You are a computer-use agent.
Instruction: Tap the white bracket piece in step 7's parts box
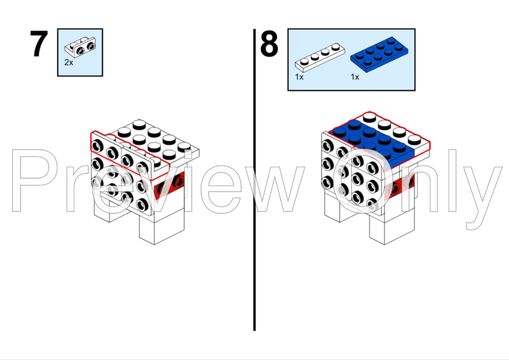[x=80, y=47]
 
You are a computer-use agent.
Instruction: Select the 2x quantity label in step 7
[x=68, y=62]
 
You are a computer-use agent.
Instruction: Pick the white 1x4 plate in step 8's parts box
[x=320, y=57]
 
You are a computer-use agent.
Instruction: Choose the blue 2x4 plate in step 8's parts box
[x=379, y=54]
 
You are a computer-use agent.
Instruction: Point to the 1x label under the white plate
[x=299, y=77]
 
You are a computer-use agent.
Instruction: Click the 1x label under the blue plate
[x=355, y=77]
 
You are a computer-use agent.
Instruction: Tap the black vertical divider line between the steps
[x=254, y=180]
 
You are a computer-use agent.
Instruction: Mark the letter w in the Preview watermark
[x=272, y=188]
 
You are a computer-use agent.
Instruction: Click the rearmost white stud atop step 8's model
[x=369, y=117]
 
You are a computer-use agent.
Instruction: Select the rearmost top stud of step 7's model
[x=139, y=124]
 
